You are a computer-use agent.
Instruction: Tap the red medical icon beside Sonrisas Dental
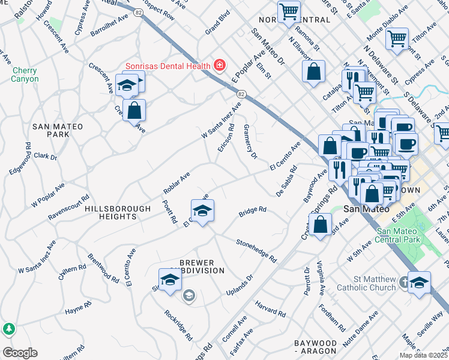coord(220,65)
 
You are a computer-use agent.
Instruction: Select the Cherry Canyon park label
coord(25,74)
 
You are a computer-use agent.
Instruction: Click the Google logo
coord(19,353)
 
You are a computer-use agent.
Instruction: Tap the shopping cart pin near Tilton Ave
coord(397,40)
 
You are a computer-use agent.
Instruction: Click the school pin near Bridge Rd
coord(203,211)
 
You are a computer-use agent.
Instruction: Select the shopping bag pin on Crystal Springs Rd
coord(322,225)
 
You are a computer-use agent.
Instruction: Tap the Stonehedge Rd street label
coord(256,251)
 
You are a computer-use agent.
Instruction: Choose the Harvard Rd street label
coord(270,308)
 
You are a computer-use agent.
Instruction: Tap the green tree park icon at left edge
coord(8,329)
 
